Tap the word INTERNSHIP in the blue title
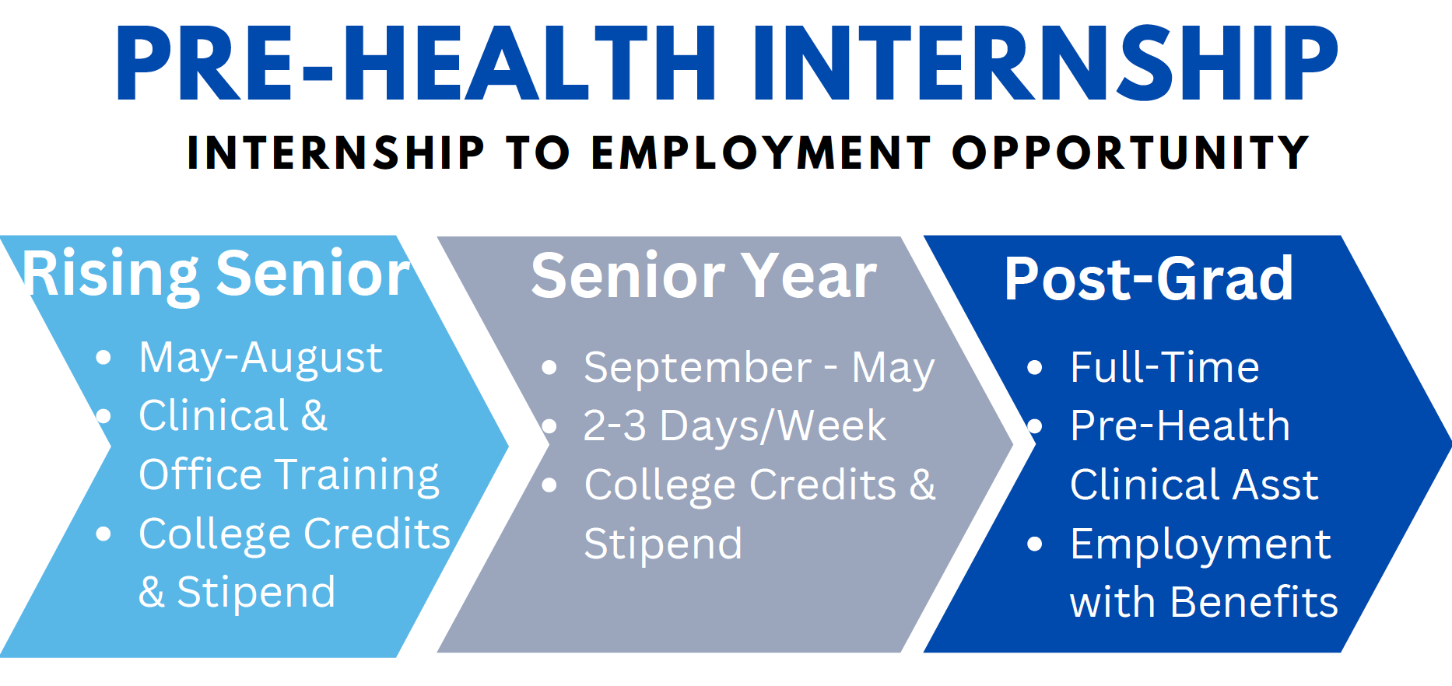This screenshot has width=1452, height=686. [x=1044, y=64]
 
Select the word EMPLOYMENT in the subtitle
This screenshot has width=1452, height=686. [x=761, y=152]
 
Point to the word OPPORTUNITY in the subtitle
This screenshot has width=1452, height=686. [x=1131, y=152]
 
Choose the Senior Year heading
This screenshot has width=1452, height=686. [x=703, y=276]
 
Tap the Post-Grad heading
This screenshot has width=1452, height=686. [x=1149, y=278]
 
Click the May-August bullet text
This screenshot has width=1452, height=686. [x=261, y=359]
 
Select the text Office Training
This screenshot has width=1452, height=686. [x=289, y=474]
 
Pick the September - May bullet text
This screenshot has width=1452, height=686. [x=759, y=368]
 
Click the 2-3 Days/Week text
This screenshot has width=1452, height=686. [x=735, y=426]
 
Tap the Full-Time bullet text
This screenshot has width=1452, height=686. [x=1164, y=368]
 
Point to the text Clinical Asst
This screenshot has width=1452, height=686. [x=1194, y=485]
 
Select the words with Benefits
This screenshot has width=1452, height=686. [x=1203, y=603]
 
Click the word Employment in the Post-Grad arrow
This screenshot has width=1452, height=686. [x=1200, y=544]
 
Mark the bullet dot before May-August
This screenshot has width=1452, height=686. [x=103, y=359]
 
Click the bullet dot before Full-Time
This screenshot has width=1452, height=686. [x=1034, y=368]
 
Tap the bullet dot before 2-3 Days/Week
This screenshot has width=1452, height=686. [x=549, y=426]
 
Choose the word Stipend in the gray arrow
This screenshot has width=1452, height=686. [x=663, y=544]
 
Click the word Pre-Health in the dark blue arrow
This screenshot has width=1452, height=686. [x=1180, y=426]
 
